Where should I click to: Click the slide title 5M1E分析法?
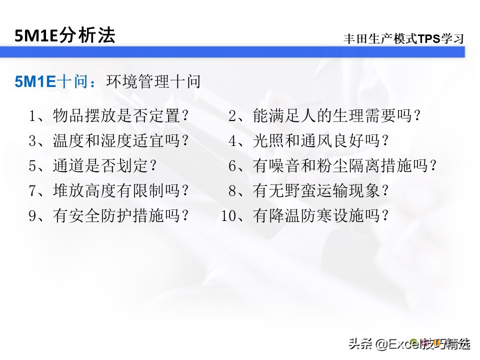[65, 35]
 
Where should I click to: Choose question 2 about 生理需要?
[324, 116]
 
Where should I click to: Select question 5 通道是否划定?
[93, 166]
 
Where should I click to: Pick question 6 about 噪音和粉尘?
[333, 166]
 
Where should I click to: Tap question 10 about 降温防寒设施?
[305, 215]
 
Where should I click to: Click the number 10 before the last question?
[228, 216]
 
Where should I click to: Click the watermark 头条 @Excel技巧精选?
[409, 344]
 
